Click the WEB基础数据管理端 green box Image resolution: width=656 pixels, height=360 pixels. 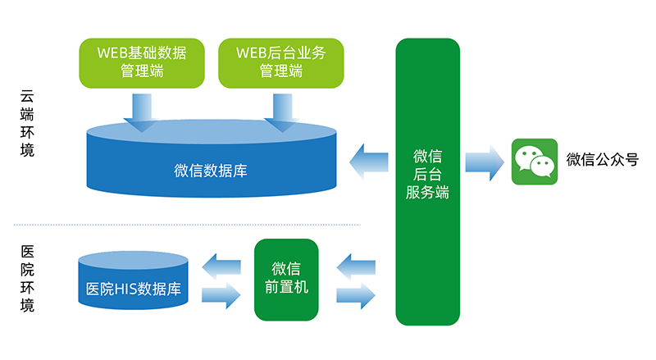click(142, 62)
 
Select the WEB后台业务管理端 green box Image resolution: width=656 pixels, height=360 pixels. click(281, 62)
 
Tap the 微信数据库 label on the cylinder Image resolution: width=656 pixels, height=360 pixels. click(211, 171)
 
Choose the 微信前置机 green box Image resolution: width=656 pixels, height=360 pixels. click(285, 279)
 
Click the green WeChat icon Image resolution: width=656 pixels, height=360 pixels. click(535, 162)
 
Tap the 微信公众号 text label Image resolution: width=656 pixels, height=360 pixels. click(602, 160)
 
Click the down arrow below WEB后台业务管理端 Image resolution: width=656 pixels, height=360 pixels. click(281, 112)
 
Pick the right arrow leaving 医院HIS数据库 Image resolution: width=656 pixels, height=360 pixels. click(221, 294)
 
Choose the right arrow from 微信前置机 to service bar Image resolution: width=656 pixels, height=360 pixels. click(358, 294)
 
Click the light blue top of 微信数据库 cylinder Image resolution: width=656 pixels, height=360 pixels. click(212, 132)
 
